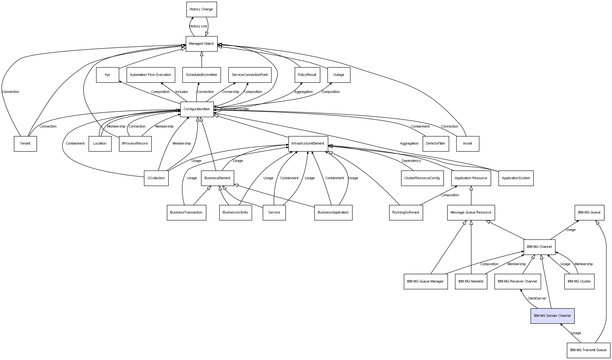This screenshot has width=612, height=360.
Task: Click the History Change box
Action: pos(201,9)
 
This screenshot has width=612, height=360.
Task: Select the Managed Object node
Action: pos(201,44)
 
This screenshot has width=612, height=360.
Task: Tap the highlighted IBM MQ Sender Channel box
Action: pos(552,316)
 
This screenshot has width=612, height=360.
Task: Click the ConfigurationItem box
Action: pos(197,109)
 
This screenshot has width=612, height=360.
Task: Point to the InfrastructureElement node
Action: pos(308,144)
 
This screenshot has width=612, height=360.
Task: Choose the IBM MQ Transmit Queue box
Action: pos(588,350)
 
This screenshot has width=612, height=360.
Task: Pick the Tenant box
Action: pos(25,144)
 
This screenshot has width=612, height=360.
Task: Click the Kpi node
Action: pos(107,75)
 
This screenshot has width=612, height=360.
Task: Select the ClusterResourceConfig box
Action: pos(422,178)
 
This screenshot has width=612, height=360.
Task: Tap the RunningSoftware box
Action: pos(405,213)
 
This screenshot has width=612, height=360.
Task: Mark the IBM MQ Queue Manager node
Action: pos(425,282)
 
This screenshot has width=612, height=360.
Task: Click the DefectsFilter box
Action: pos(435,144)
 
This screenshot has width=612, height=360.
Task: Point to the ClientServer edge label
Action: pos(537,299)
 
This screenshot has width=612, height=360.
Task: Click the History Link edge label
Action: pos(198,26)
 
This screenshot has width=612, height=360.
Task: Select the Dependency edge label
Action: pos(411,161)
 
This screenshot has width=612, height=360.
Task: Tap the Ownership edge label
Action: pos(230,92)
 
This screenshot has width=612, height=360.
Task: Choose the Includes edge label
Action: pos(182,92)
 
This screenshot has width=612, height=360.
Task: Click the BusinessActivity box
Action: pos(235,213)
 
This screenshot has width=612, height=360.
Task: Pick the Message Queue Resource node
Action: pos(471,213)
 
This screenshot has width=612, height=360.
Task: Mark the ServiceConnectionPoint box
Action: pos(250,75)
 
